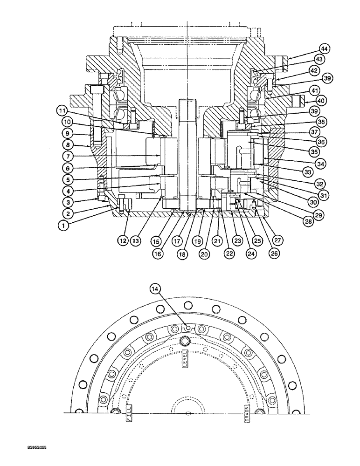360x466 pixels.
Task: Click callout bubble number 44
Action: click(x=324, y=48)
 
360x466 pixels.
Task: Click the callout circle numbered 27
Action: click(x=278, y=240)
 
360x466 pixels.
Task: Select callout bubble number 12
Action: click(x=123, y=240)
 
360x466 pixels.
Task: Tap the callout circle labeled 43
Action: click(x=320, y=60)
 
